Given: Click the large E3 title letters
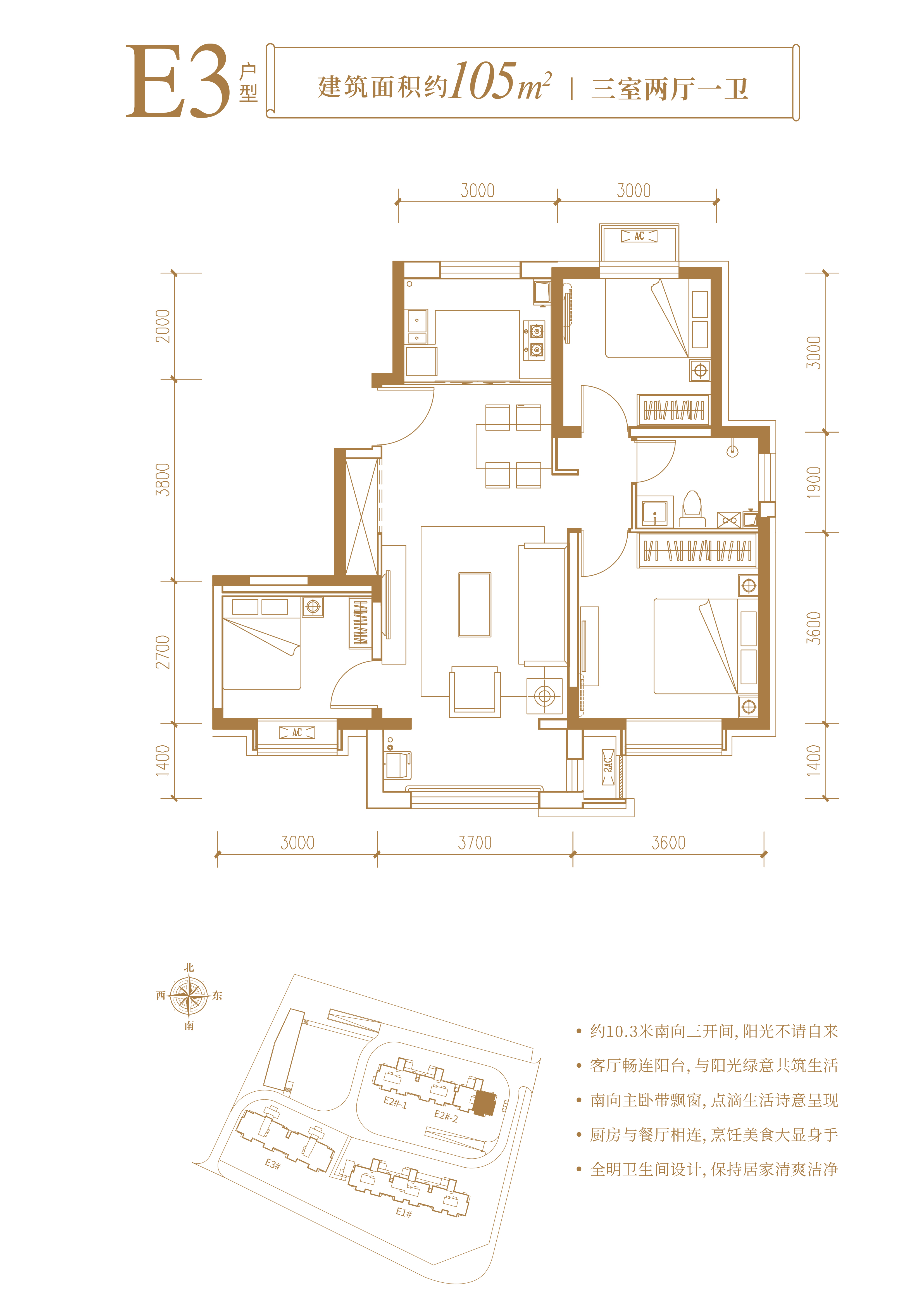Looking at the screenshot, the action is coord(178,81).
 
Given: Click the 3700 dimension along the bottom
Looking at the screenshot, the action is coord(475,842).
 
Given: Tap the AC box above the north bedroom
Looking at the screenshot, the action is coord(639,236).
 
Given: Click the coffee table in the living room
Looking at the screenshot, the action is coord(475,604).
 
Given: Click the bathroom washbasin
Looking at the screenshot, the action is coord(655,513).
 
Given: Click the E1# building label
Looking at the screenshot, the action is coord(404,1213).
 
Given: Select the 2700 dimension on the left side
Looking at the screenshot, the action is coord(163,652).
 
